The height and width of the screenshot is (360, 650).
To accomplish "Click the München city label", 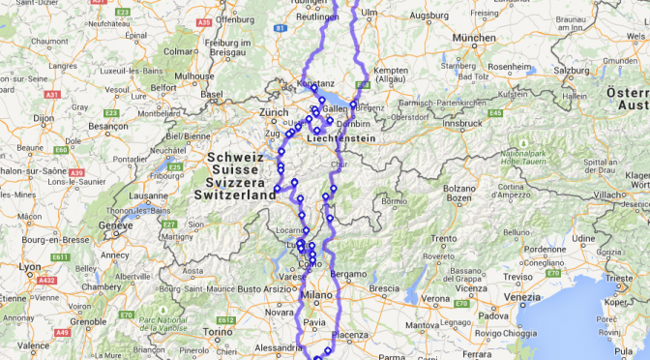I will [x=474, y=38].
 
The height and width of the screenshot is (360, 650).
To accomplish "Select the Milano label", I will [x=316, y=295].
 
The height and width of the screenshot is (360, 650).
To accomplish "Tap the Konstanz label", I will [x=315, y=84].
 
